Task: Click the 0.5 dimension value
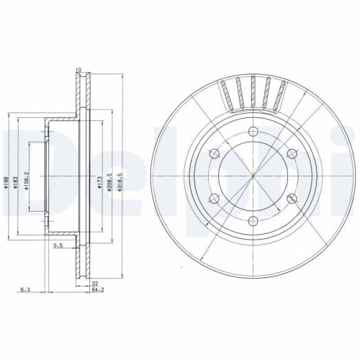point(59,246)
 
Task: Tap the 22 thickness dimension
point(95,284)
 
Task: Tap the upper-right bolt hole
point(294,153)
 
